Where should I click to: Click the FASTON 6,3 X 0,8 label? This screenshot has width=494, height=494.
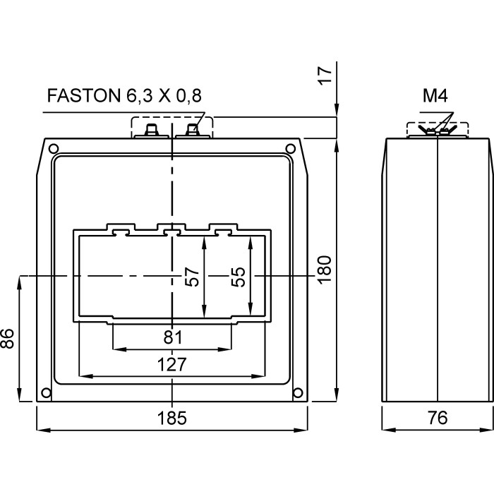pos(119,97)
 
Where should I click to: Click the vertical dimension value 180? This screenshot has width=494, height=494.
pos(325,269)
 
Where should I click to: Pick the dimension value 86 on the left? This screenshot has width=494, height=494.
pos(8,339)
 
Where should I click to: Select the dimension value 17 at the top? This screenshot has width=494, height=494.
pos(325,76)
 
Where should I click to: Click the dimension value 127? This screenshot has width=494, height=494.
pos(171,364)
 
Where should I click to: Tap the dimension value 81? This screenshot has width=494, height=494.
pos(172,337)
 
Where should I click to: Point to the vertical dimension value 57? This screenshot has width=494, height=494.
pos(191,276)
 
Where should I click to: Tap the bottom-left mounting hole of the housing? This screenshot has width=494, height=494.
pos(46,393)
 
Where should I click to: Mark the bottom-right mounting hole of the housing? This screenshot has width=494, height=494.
pos(298,393)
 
